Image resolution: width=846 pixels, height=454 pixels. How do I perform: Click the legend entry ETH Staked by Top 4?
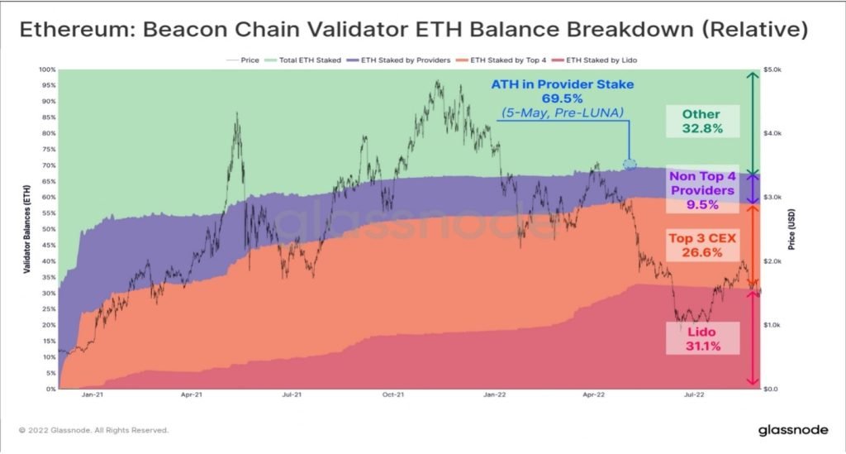501,60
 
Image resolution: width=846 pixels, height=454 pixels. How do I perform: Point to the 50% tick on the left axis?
49,229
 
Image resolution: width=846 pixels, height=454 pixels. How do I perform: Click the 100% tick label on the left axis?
47,69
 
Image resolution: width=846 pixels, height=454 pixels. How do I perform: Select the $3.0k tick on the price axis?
772,197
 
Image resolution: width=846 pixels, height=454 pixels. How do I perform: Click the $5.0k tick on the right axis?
772,69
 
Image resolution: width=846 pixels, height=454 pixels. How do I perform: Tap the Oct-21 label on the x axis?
392,394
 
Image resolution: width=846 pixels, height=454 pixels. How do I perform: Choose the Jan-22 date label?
494,394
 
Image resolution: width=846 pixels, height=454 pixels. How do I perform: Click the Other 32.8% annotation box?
702,121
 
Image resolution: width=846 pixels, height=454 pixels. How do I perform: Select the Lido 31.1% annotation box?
702,338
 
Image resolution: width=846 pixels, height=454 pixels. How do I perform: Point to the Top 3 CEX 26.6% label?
702,245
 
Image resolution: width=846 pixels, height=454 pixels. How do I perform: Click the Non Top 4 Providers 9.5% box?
702,190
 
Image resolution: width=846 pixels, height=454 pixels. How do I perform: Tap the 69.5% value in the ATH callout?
562,98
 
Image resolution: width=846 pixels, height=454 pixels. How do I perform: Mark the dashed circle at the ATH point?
629,164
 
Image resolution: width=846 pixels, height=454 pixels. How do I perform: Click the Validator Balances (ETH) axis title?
26,229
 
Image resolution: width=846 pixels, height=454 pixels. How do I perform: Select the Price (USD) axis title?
791,229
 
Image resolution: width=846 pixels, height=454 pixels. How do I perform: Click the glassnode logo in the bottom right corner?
793,430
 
